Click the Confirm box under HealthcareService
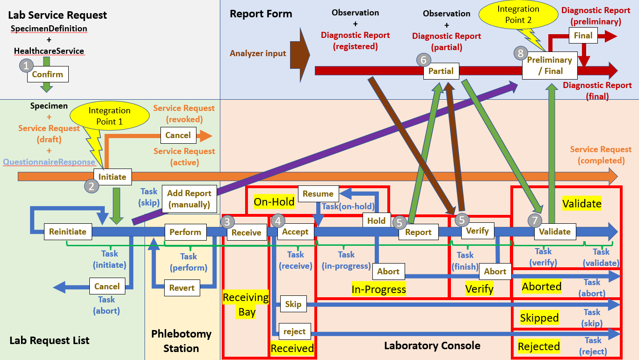[x=48, y=74]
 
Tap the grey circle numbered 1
[x=26, y=66]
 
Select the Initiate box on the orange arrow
[x=112, y=176]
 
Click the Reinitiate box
[x=68, y=232]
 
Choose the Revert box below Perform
[x=182, y=288]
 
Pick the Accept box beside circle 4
[x=295, y=231]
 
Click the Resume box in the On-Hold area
[x=318, y=194]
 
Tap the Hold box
[x=377, y=220]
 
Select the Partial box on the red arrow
[x=441, y=71]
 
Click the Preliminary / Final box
[x=550, y=66]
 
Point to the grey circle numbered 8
[x=521, y=53]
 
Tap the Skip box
[x=293, y=304]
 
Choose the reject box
[x=295, y=331]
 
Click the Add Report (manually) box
[x=189, y=199]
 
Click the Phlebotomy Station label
[x=181, y=341]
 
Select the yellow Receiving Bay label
[x=246, y=304]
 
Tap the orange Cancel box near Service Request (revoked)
[x=178, y=135]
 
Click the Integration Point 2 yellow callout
[x=518, y=15]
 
